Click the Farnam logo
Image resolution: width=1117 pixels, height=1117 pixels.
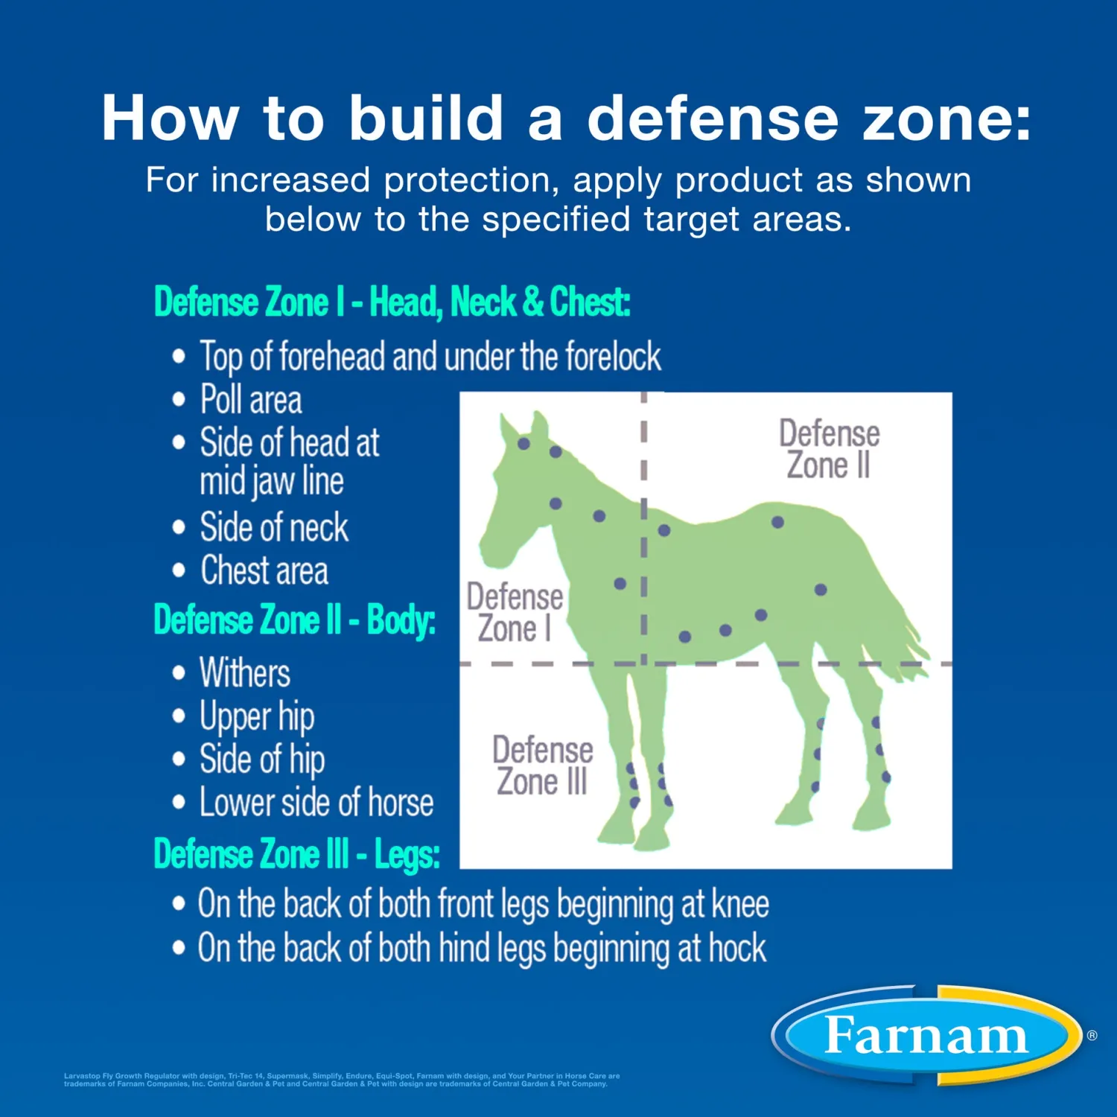coord(926,1035)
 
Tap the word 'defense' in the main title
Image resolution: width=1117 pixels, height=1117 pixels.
coord(713,118)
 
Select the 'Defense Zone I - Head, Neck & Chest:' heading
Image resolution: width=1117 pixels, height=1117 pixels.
coord(392,302)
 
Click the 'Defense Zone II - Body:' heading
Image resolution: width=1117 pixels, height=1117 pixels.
coord(294,620)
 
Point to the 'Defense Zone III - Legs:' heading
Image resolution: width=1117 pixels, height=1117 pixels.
coord(296,853)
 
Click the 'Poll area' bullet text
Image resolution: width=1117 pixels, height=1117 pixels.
coord(251,400)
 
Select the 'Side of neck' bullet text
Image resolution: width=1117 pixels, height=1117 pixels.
coord(273,527)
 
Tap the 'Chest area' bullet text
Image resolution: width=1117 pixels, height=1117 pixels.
coord(264,571)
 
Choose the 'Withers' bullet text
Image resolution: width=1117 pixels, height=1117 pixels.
coord(244,672)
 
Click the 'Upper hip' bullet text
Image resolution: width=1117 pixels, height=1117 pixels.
coord(256,716)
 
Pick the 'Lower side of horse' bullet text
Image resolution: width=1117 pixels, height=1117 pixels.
coord(316,803)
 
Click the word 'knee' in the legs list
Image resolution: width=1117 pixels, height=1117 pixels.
coord(740,904)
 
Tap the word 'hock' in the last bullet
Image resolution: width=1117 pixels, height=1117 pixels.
coord(736,949)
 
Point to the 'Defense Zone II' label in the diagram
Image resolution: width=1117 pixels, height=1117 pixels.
coord(829,449)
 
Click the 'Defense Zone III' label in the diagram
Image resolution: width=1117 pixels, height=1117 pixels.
coord(542,766)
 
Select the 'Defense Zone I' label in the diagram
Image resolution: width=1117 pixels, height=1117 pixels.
coord(514,612)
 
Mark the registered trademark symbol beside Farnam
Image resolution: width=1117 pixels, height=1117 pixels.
coord(1092,1035)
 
